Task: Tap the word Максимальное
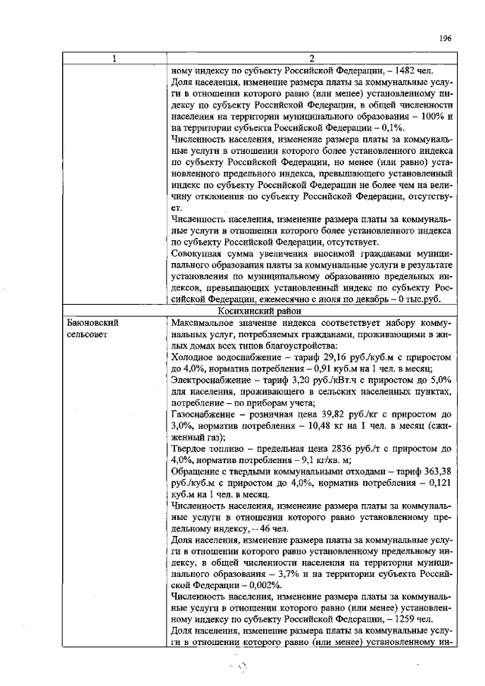coord(206,322)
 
